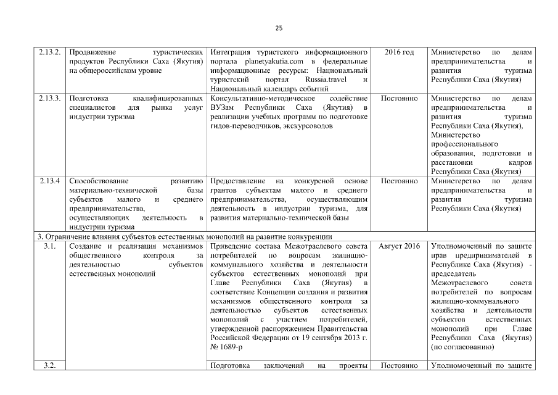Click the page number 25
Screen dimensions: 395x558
tap(278, 28)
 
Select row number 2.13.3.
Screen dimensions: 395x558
tap(49, 98)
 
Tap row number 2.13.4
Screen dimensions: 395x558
tap(47, 181)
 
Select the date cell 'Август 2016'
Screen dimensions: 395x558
tap(399, 246)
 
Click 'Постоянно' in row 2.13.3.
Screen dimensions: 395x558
tap(399, 98)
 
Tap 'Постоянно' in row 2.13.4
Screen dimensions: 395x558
tap(399, 181)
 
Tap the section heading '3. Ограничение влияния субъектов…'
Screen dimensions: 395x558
tap(186, 236)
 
